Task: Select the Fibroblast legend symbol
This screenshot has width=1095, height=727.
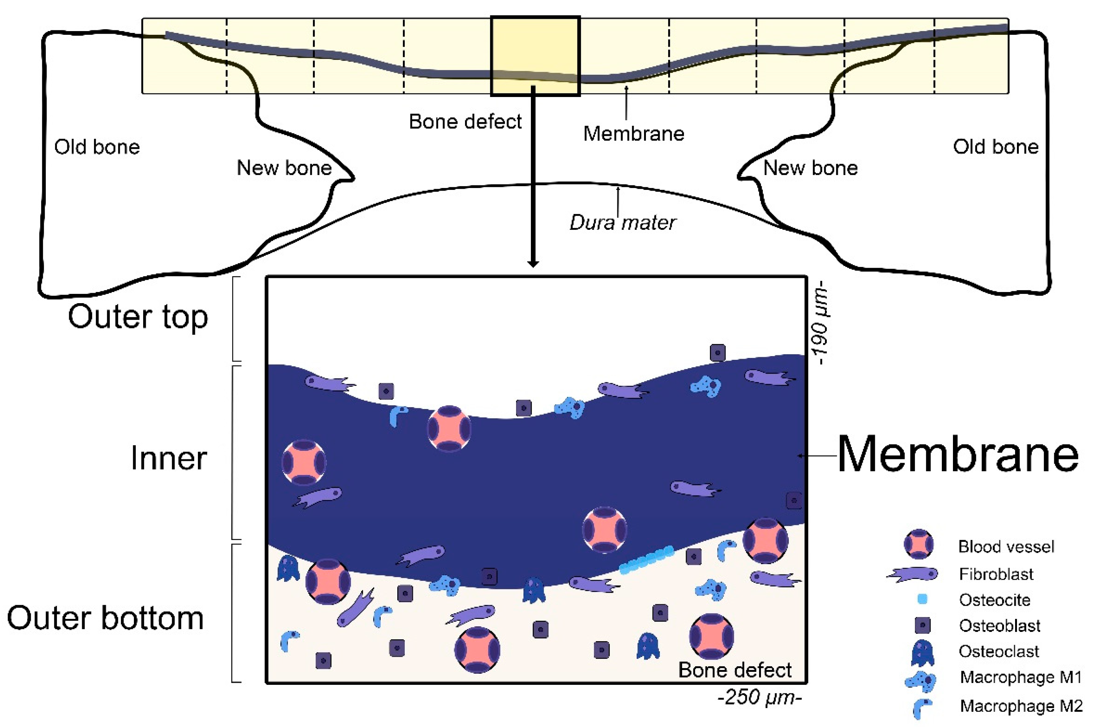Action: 912,574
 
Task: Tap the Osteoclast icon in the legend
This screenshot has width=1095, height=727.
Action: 922,652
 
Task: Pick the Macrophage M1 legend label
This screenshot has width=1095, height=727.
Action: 1020,677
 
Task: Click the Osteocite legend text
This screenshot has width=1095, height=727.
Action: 994,600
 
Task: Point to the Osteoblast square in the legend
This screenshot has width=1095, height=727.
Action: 923,626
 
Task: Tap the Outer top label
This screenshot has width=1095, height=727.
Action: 138,317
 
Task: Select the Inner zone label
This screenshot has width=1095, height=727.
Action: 169,458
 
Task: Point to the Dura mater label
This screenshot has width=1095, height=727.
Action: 622,222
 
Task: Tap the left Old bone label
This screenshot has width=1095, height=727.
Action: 97,147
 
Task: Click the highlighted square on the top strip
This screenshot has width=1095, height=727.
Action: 535,56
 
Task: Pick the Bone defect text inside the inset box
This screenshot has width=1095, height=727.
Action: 735,670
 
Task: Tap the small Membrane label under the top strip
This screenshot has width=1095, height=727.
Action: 633,134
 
